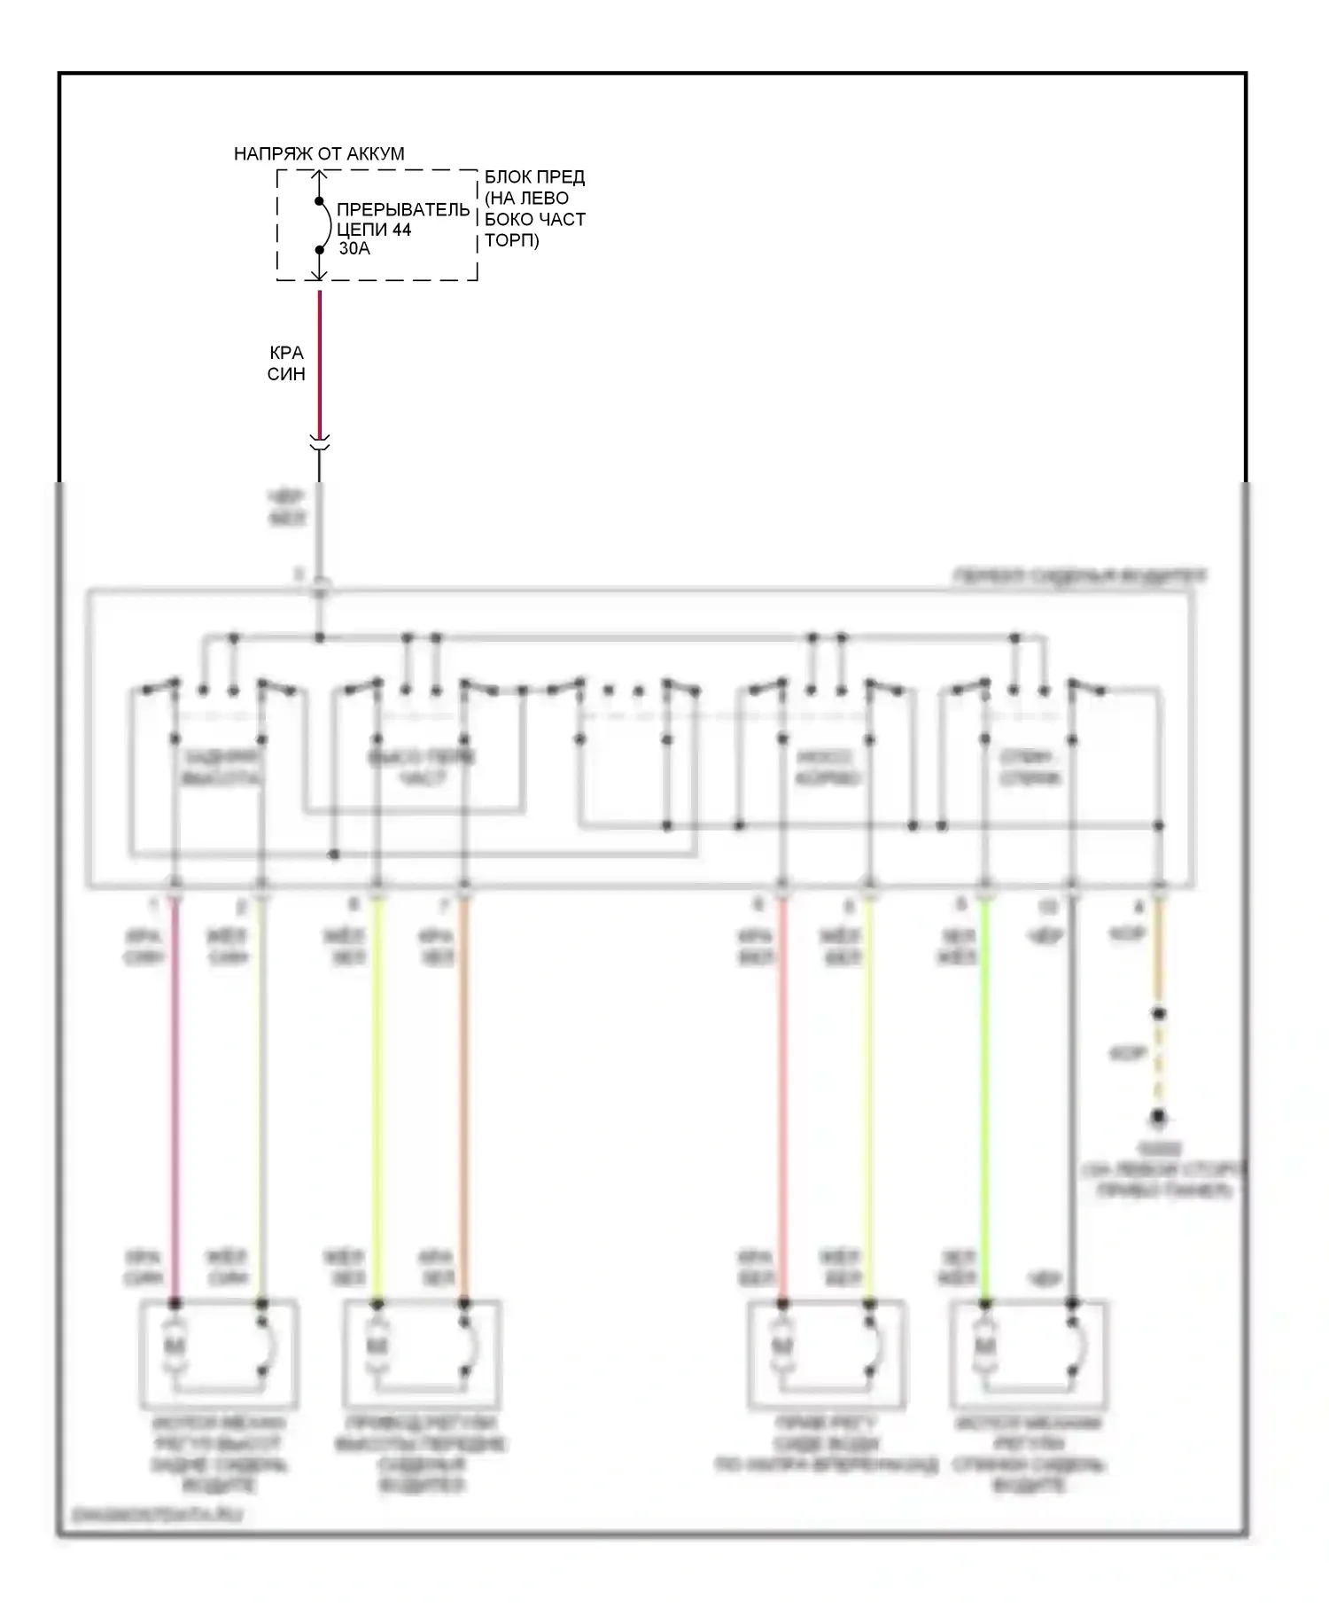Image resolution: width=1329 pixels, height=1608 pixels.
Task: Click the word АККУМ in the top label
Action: point(375,153)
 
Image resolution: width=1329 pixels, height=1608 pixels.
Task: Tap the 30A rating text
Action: point(354,249)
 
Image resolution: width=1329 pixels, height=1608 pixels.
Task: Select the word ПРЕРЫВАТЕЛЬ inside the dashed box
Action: point(403,210)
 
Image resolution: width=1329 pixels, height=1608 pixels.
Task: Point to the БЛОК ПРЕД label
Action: point(534,177)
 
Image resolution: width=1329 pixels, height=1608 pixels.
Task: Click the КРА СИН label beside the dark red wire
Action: point(286,363)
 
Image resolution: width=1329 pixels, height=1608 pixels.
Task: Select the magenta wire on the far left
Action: point(175,1099)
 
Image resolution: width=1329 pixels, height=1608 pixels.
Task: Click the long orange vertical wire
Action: point(463,1099)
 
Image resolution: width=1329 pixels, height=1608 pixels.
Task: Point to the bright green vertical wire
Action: point(984,1099)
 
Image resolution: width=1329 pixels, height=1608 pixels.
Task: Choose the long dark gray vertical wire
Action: point(1072,1099)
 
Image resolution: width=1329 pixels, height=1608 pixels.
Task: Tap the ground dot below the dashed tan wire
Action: point(1158,1118)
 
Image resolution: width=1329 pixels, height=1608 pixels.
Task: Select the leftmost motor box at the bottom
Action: point(220,1354)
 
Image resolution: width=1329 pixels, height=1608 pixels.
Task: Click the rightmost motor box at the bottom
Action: point(1029,1354)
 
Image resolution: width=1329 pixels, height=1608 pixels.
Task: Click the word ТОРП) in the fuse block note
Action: point(512,240)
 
